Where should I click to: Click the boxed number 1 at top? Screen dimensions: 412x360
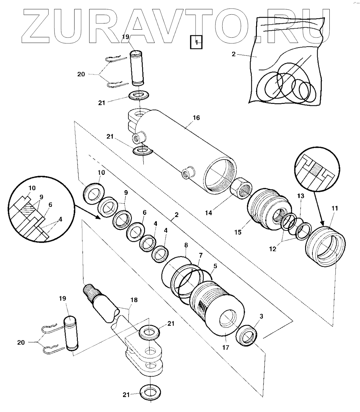pos(196,42)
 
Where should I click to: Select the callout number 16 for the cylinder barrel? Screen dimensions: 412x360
pos(196,118)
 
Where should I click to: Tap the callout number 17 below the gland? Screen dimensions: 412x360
pos(226,348)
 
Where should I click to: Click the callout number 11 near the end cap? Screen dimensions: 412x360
pos(334,208)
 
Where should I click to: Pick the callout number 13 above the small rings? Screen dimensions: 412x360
pos(300,197)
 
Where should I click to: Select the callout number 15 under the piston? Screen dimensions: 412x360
pos(238,232)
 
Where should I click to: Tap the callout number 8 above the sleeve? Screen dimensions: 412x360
pos(186,245)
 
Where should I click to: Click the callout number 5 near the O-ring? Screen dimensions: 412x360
pos(215,266)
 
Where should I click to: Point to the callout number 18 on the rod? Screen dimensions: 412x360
pos(133,300)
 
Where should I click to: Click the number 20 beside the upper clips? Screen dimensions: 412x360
pos(81,74)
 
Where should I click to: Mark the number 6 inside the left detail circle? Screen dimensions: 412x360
pos(50,205)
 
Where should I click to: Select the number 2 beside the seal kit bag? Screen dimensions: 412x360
pos(234,54)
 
